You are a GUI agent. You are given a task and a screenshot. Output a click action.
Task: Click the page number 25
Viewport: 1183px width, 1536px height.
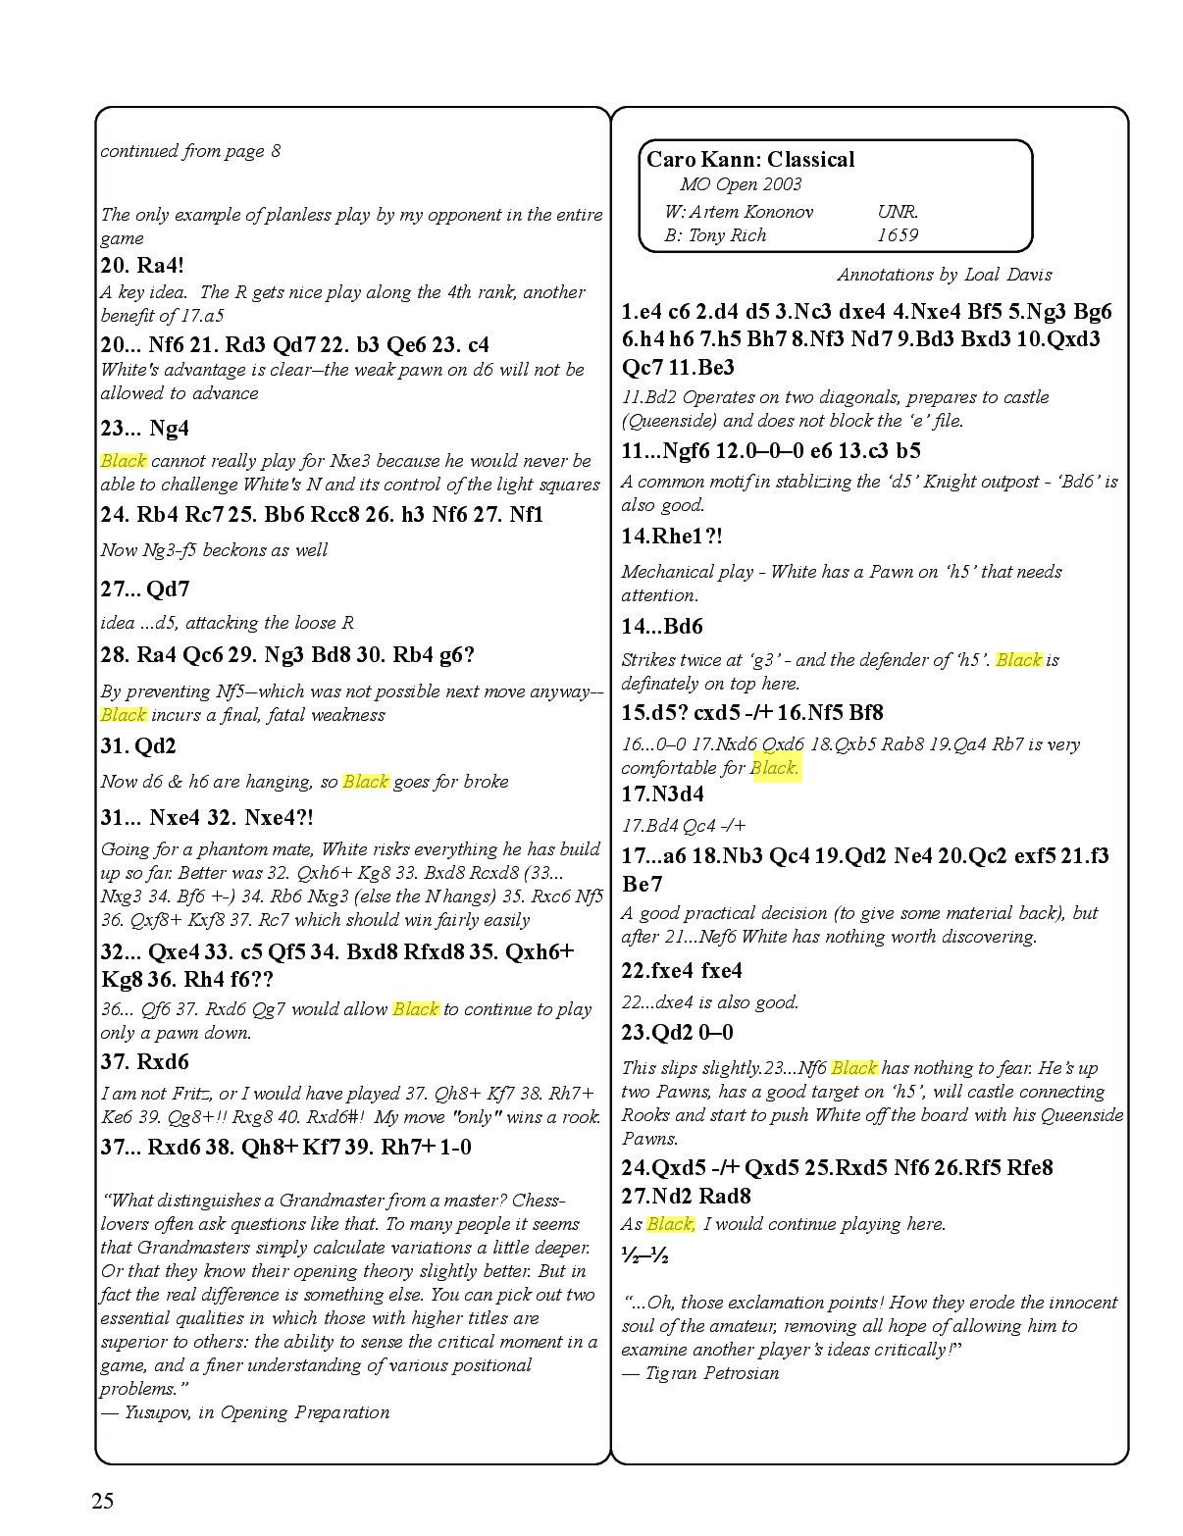tap(103, 1501)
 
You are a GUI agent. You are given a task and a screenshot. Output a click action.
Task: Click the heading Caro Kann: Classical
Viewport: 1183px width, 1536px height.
tap(749, 160)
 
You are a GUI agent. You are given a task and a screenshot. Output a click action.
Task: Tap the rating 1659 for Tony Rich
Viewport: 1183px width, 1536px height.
tap(897, 235)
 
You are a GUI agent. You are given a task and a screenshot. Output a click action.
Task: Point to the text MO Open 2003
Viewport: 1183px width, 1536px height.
tap(741, 184)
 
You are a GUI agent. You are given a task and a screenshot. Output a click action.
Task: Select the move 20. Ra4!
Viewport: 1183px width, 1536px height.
tap(142, 265)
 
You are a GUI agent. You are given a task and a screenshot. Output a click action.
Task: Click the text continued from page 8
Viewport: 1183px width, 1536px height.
tap(190, 151)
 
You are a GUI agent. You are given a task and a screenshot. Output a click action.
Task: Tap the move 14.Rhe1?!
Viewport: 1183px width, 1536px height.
tap(673, 537)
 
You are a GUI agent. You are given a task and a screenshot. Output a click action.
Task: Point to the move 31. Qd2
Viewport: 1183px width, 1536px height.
tap(138, 746)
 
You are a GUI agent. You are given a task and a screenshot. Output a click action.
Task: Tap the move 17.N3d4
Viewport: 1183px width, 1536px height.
tap(662, 794)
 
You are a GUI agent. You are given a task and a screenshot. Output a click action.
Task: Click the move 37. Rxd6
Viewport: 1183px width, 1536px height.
tap(144, 1062)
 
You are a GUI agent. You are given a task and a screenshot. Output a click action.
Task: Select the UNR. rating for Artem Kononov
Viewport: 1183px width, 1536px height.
tap(898, 212)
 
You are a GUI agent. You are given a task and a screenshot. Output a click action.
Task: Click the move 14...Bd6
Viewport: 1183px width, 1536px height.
tap(662, 627)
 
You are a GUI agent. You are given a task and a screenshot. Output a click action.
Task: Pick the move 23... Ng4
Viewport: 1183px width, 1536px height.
tap(144, 428)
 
